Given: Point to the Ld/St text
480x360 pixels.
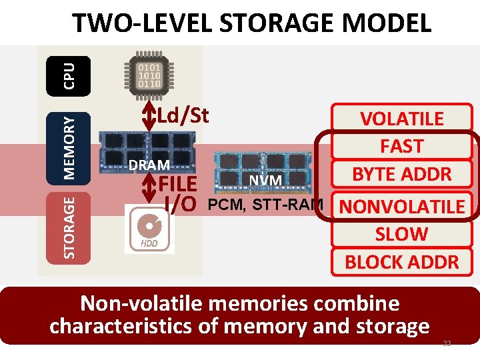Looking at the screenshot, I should [183, 116].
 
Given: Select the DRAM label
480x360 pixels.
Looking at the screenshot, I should [149, 165].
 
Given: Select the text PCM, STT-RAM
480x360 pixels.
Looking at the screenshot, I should [266, 204].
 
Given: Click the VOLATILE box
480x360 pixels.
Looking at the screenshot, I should [401, 119].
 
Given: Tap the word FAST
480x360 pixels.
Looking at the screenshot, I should [401, 146].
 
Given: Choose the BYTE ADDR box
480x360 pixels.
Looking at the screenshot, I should [401, 174].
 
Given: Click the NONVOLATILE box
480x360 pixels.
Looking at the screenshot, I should [401, 207].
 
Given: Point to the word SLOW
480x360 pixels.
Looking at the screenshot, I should [401, 234].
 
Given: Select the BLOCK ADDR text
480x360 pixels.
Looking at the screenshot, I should [401, 261].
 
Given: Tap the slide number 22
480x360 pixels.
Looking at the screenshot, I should [447, 343].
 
